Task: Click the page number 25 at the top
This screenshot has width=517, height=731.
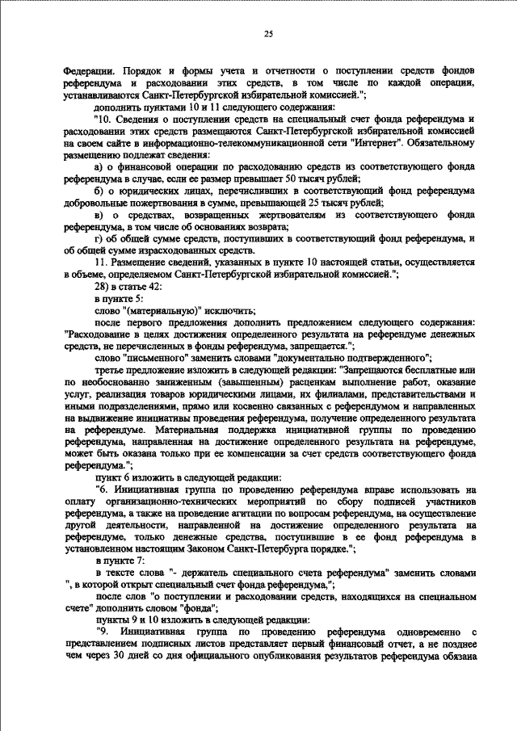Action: (268, 33)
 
